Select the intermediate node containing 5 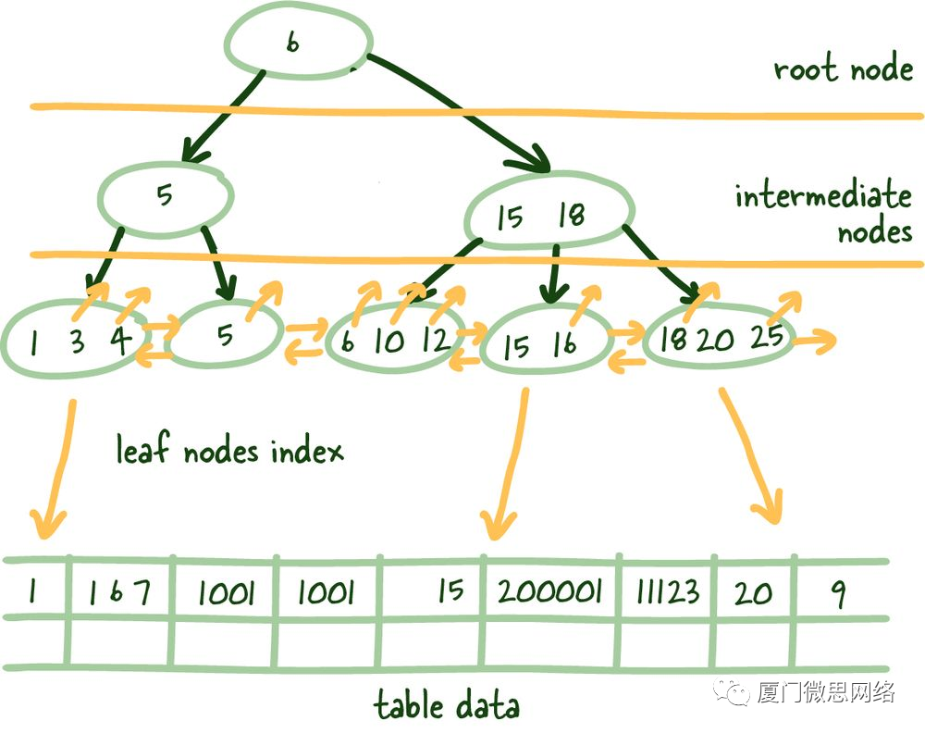click(x=165, y=197)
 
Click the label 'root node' click(x=843, y=69)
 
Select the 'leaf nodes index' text click(x=228, y=451)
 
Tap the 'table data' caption click(x=446, y=706)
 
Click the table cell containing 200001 click(x=549, y=591)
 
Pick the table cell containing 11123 click(x=665, y=591)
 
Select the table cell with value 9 click(x=838, y=592)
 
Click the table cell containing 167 click(x=120, y=592)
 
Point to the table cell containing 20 click(x=753, y=592)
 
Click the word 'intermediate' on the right click(x=822, y=197)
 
